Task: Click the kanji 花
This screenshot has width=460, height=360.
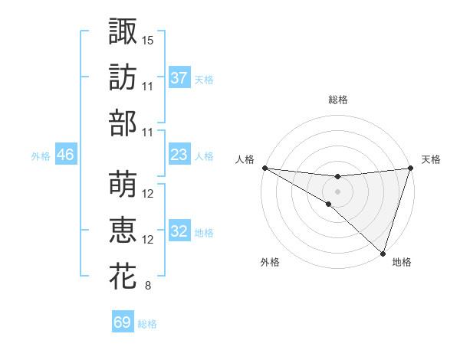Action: (123, 276)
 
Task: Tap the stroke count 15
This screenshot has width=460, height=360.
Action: (148, 39)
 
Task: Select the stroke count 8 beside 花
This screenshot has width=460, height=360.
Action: (147, 286)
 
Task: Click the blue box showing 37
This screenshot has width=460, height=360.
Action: (179, 77)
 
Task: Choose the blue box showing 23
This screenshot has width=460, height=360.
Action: (179, 155)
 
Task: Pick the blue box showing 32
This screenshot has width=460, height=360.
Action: (179, 231)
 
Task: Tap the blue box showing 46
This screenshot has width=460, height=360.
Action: (66, 155)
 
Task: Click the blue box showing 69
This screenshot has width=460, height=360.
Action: (123, 322)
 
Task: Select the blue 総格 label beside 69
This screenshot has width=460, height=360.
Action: (147, 324)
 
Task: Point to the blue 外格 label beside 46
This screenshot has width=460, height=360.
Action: (41, 156)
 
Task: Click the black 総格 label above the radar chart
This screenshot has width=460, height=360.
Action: (337, 100)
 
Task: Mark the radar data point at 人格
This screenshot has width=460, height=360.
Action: (264, 168)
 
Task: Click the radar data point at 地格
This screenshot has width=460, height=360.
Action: (383, 253)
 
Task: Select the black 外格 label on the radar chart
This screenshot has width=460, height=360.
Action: (270, 263)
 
